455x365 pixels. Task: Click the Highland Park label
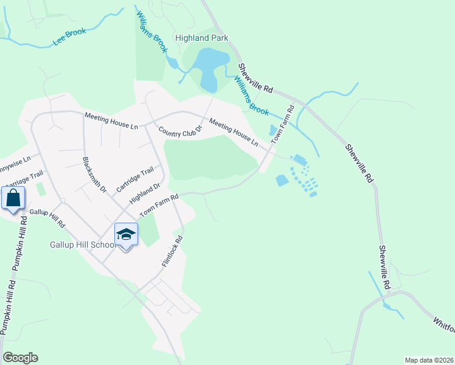pyautogui.click(x=201, y=38)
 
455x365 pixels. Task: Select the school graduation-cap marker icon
pyautogui.click(x=126, y=235)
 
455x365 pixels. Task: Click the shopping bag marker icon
pyautogui.click(x=13, y=198)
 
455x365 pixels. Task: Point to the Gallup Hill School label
pyautogui.click(x=83, y=245)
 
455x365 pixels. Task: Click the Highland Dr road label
pyautogui.click(x=144, y=194)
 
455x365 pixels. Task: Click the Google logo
pyautogui.click(x=20, y=358)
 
